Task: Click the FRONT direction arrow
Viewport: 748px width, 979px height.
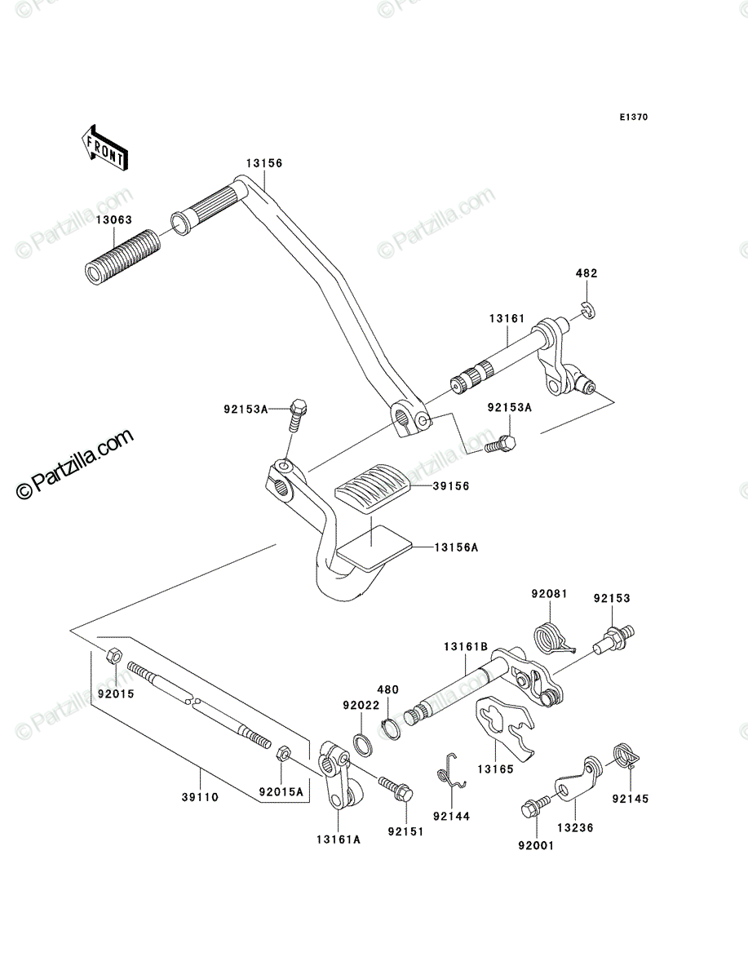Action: [x=104, y=148]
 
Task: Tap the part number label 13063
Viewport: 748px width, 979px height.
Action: [x=114, y=220]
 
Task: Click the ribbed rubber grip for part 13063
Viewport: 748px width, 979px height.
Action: [x=123, y=257]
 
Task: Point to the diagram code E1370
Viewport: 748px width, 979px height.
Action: [x=634, y=117]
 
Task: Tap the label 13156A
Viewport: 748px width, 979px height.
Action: [x=456, y=547]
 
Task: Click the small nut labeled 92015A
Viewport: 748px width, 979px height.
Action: [x=283, y=753]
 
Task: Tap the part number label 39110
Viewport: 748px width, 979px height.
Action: [x=200, y=797]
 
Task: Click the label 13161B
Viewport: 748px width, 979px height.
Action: [x=466, y=646]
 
